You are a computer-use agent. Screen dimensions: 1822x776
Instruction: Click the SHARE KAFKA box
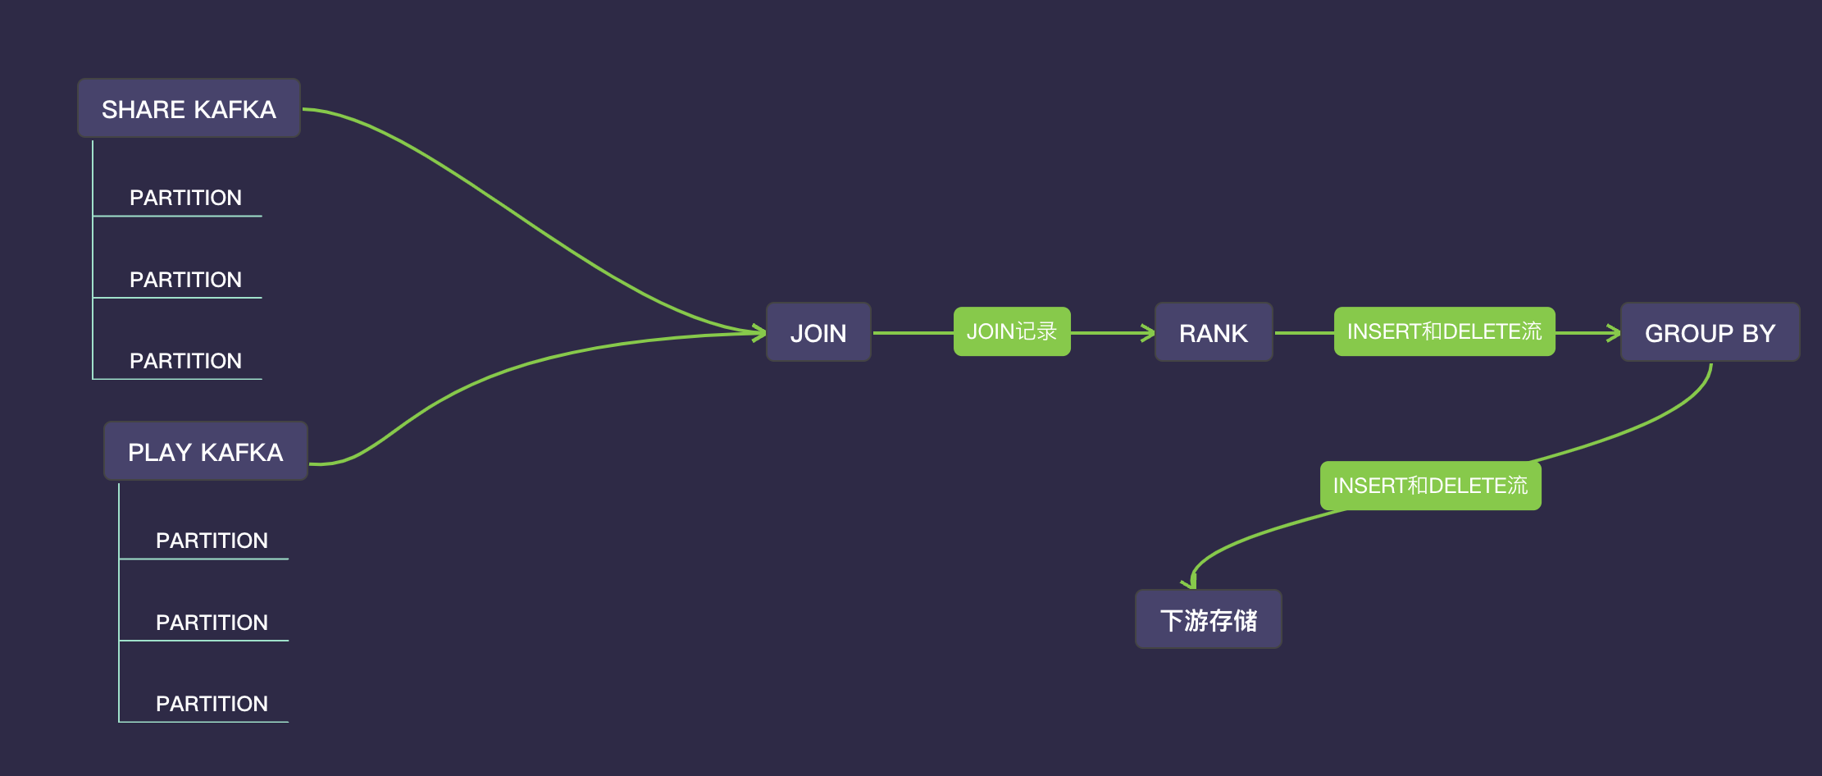point(189,109)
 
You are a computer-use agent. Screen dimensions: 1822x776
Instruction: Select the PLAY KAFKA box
point(205,452)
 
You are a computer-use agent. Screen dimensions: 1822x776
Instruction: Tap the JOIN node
point(818,333)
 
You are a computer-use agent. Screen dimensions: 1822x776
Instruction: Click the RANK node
point(1213,333)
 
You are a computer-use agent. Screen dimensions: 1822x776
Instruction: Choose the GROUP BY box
point(1710,333)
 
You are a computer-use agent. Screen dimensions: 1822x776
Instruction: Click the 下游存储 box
point(1208,620)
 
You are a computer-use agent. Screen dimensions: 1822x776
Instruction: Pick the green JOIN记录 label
point(1012,331)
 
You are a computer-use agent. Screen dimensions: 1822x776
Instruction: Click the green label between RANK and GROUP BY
point(1444,331)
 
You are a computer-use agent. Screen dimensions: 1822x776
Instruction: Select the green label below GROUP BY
point(1430,486)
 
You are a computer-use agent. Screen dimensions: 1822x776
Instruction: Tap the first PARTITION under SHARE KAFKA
point(185,198)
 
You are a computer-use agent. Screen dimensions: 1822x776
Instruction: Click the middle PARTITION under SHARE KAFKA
point(185,280)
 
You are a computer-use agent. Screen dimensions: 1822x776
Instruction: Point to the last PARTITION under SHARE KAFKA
point(185,361)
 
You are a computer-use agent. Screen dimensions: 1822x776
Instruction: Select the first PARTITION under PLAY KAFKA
point(212,541)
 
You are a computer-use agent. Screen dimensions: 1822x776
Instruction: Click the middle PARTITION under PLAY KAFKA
point(212,623)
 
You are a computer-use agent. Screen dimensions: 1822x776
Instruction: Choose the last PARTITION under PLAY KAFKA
point(212,704)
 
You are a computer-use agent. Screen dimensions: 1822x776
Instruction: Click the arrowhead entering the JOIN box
point(759,332)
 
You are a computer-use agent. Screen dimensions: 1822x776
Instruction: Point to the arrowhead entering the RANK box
point(1149,333)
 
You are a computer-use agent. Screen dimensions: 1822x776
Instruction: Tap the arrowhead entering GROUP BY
point(1615,333)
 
